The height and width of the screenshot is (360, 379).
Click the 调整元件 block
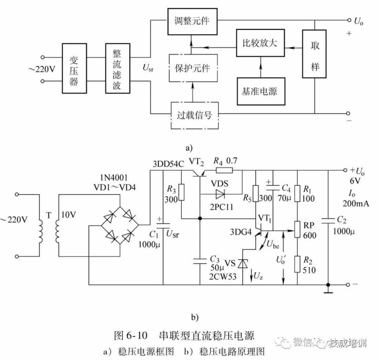[x=192, y=21]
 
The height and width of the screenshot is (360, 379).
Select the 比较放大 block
[x=260, y=43]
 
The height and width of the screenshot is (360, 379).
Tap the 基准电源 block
[x=261, y=91]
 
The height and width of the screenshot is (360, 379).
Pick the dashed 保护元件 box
[x=193, y=68]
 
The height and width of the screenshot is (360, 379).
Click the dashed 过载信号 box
[x=194, y=115]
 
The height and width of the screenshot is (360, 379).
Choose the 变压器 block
[x=74, y=68]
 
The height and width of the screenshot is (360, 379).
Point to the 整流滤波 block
[x=118, y=68]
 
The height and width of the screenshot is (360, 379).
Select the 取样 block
[x=314, y=54]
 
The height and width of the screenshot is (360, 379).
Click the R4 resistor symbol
[x=224, y=170]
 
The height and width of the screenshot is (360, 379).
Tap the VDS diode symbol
[x=220, y=194]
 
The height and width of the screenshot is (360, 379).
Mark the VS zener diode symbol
[x=243, y=263]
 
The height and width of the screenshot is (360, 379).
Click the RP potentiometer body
[x=297, y=230]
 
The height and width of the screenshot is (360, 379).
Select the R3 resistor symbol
[x=181, y=192]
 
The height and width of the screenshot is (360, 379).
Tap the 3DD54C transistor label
[x=168, y=164]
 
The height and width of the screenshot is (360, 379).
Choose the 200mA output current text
[x=356, y=204]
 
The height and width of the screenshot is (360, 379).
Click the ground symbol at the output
[x=328, y=289]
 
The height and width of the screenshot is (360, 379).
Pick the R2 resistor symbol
[x=297, y=264]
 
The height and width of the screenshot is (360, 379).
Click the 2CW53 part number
[x=222, y=277]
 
